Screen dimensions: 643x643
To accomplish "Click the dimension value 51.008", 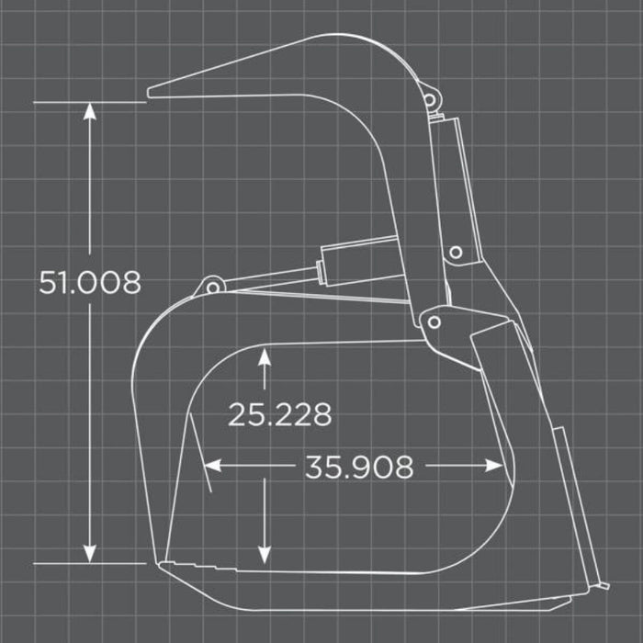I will [x=90, y=282].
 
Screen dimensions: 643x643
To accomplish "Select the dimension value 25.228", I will [x=279, y=414].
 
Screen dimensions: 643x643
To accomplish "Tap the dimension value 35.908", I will [x=359, y=467].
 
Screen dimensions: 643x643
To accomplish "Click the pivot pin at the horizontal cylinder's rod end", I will [x=213, y=287].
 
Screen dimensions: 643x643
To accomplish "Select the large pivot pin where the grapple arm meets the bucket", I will [x=434, y=321].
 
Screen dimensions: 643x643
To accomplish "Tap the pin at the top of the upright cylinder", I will [x=428, y=100].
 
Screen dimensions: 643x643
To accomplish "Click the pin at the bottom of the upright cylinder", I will [x=456, y=252].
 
